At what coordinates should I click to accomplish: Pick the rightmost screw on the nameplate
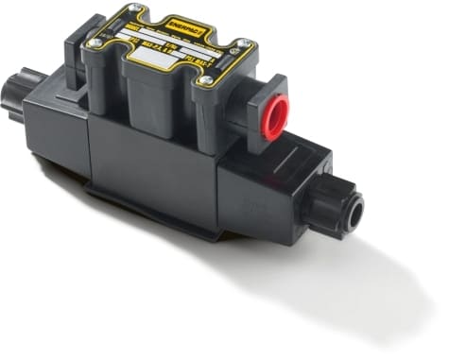244,43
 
